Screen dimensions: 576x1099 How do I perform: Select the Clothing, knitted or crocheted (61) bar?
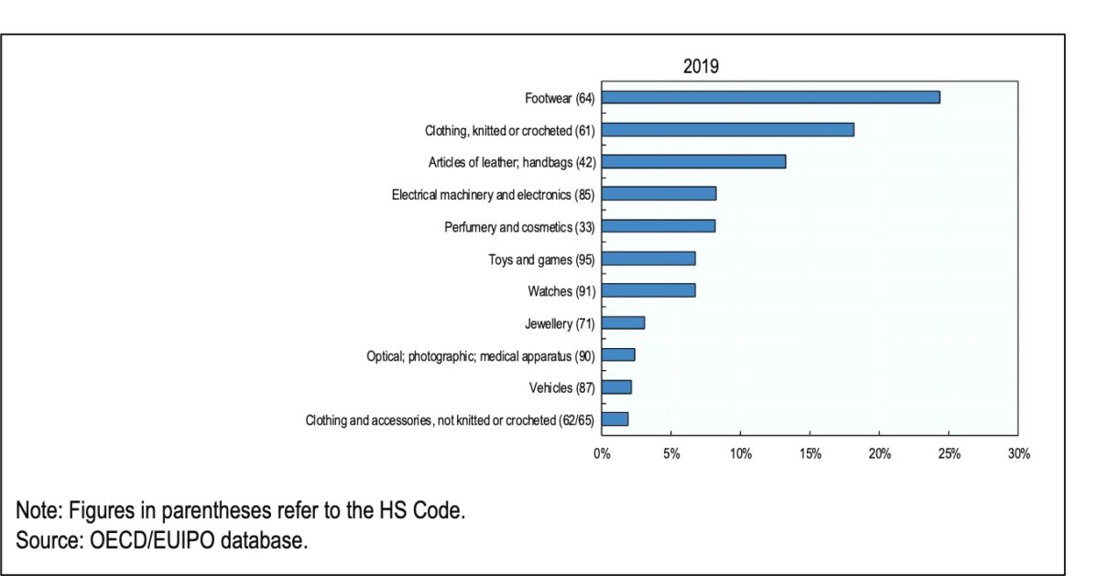pos(727,129)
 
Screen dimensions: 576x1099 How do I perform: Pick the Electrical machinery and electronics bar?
pos(658,193)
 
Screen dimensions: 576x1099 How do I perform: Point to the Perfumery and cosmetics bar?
pos(658,225)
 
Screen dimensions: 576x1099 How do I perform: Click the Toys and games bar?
pos(648,258)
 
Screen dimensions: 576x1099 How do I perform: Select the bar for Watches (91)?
pos(648,290)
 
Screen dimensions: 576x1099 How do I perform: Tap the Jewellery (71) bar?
pos(623,322)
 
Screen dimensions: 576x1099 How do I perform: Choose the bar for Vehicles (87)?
pos(616,386)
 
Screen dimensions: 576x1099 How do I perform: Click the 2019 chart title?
pos(701,67)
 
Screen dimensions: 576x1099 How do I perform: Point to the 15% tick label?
pos(810,453)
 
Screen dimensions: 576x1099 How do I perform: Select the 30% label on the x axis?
pos(1018,453)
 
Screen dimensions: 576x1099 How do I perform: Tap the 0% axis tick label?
pos(602,453)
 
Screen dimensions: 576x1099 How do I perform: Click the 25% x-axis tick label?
pos(949,453)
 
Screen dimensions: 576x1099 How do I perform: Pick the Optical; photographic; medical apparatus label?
pos(481,355)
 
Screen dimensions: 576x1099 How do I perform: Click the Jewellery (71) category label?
pos(560,323)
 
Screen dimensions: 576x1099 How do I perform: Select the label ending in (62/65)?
pos(450,420)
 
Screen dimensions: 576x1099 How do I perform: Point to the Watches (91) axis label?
pos(561,291)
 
